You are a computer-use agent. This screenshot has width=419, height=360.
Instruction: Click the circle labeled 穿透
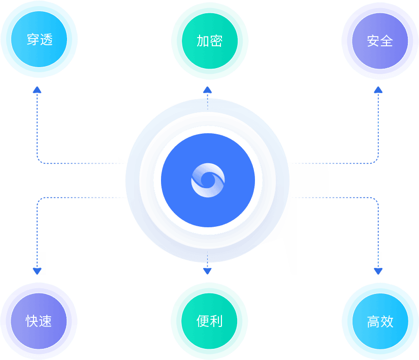(x=39, y=40)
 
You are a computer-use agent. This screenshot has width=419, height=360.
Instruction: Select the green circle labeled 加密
(x=209, y=40)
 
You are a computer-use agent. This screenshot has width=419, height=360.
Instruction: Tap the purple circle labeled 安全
(x=380, y=40)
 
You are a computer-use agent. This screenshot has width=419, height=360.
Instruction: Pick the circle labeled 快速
(x=39, y=321)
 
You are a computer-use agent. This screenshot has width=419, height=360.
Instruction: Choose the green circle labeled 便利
(x=209, y=321)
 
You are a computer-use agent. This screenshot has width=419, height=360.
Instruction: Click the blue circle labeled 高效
(x=380, y=321)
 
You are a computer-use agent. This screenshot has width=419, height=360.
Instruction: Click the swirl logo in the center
(x=208, y=181)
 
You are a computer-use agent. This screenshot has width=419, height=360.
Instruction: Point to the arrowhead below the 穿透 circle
(x=37, y=90)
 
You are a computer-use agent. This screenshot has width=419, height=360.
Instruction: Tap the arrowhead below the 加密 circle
(x=207, y=91)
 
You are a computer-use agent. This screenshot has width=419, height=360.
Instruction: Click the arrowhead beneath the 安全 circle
(x=378, y=90)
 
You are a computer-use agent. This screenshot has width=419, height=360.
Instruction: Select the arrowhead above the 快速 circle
(x=37, y=271)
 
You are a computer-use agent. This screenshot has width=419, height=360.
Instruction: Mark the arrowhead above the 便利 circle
(x=207, y=271)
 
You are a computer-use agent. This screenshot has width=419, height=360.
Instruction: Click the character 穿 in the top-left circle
(x=33, y=40)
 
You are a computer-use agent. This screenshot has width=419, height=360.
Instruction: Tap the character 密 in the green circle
(x=216, y=40)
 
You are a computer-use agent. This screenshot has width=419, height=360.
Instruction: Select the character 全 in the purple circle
(x=386, y=40)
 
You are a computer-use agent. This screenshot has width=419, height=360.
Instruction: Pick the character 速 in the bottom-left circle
(x=46, y=321)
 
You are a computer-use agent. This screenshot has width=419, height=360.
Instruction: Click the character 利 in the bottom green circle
(x=216, y=321)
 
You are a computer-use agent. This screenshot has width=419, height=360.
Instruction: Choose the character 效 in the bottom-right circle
(x=386, y=321)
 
